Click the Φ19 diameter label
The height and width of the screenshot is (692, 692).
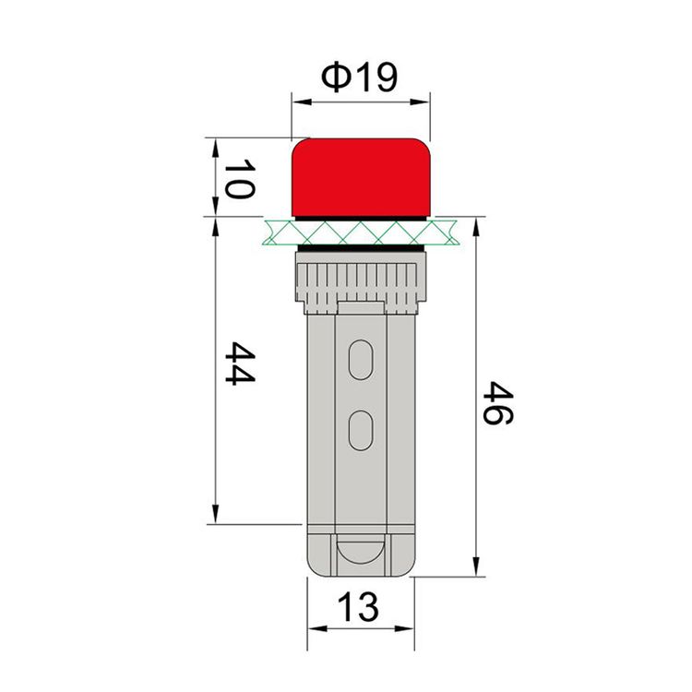[359, 77]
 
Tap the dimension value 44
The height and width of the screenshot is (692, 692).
[240, 363]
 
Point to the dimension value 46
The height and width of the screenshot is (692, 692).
[498, 403]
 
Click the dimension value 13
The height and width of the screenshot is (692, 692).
[358, 607]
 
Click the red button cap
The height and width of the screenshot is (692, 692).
[361, 178]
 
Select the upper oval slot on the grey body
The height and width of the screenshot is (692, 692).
[361, 360]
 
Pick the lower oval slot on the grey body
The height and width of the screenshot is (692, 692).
[361, 430]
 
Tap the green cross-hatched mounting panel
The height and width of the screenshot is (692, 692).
[361, 232]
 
